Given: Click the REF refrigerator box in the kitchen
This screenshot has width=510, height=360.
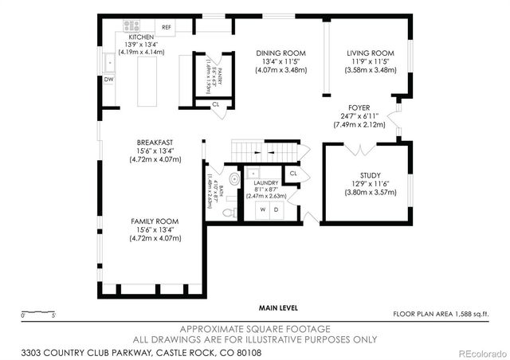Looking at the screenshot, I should (x=167, y=27).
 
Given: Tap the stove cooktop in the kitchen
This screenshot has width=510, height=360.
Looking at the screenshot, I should (x=131, y=26).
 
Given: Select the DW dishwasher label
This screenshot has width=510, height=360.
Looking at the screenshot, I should (x=108, y=80).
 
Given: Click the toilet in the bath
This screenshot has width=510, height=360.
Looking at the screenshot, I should (x=229, y=211).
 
